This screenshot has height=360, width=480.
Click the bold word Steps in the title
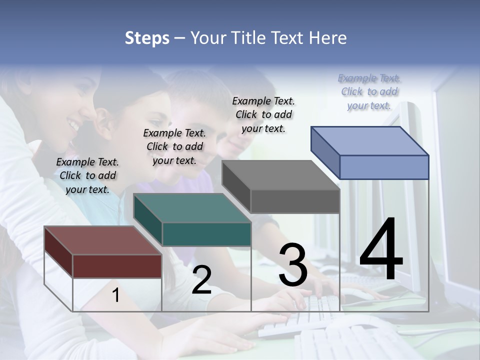(147, 38)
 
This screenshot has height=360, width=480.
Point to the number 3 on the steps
(293, 265)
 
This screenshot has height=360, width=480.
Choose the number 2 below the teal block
(201, 280)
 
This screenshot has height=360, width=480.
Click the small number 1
(116, 295)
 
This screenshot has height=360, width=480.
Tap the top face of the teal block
(191, 207)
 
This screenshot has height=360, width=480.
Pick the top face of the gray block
(280, 175)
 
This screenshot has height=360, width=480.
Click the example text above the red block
(87, 175)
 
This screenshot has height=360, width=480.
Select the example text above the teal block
(174, 146)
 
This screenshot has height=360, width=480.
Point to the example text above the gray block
(263, 114)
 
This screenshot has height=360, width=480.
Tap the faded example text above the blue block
(369, 91)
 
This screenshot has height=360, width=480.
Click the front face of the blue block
(384, 167)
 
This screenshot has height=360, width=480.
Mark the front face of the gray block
(295, 201)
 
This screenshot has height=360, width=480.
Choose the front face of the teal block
(206, 234)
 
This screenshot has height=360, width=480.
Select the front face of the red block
(117, 266)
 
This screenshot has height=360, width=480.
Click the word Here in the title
(328, 38)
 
